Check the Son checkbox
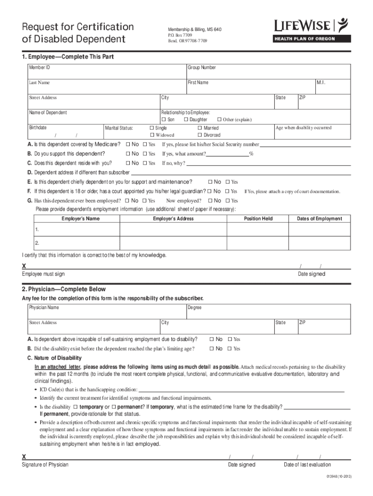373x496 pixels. pyautogui.click(x=164, y=120)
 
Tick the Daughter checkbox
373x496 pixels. pyautogui.click(x=186, y=120)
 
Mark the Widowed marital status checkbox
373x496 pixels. pyautogui.click(x=152, y=135)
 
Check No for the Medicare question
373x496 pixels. pyautogui.click(x=128, y=144)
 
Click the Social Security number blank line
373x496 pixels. pyautogui.click(x=305, y=145)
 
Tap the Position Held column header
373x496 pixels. pyautogui.click(x=258, y=219)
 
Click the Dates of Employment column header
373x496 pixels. pyautogui.click(x=319, y=219)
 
